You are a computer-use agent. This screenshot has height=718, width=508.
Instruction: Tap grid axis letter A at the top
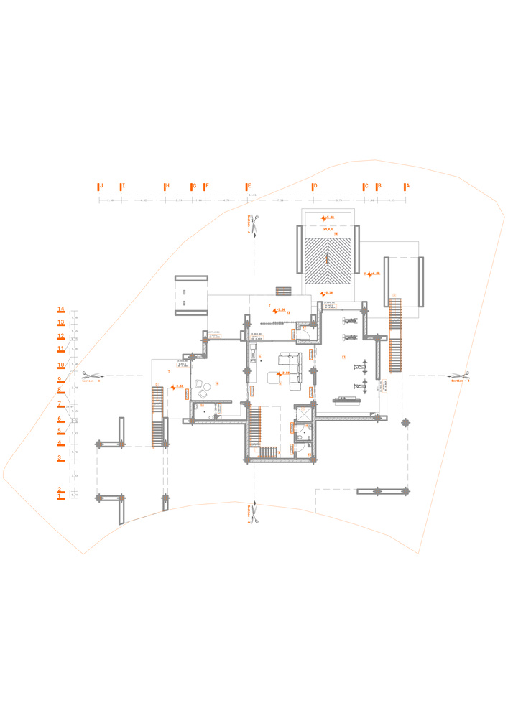407,186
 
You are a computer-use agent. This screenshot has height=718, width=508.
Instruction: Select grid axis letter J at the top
101,186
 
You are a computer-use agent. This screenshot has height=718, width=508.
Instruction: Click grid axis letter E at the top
249,186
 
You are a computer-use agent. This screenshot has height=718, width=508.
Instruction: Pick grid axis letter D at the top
314,186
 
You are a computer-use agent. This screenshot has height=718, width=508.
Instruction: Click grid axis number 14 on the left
61,309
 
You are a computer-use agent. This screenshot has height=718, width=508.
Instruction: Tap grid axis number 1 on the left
60,496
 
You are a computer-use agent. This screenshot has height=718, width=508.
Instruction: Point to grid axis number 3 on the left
60,457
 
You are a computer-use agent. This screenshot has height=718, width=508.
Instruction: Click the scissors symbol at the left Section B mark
85,375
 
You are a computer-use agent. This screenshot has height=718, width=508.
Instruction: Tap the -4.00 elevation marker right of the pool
374,274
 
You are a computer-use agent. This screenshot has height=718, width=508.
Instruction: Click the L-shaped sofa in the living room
292,370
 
